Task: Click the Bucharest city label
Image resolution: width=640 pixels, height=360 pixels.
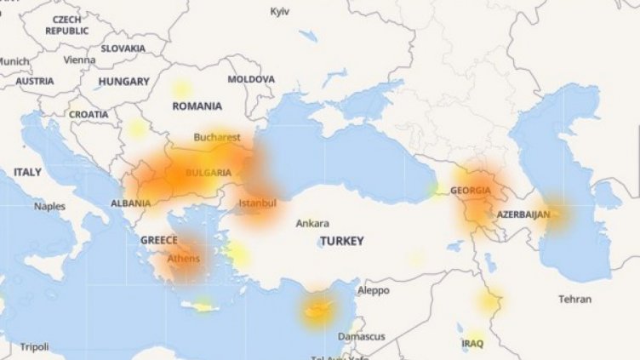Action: [217, 137]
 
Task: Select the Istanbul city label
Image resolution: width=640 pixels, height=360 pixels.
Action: [257, 203]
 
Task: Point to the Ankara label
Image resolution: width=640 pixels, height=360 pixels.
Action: [312, 223]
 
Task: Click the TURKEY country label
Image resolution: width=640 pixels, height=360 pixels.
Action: [342, 241]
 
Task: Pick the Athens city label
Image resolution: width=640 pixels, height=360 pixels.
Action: [184, 259]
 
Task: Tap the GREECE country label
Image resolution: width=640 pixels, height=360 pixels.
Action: [159, 240]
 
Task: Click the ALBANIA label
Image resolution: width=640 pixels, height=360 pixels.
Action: [131, 203]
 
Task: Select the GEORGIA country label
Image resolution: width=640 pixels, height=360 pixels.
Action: [471, 190]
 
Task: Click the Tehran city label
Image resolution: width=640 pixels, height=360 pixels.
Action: [574, 299]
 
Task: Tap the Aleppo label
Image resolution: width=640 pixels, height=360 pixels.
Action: [373, 290]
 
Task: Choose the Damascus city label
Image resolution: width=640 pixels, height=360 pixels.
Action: [362, 336]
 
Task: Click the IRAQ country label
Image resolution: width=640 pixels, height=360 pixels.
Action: [472, 344]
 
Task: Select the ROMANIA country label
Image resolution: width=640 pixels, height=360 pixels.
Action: [197, 106]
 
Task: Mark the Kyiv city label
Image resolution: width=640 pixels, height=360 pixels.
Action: [280, 11]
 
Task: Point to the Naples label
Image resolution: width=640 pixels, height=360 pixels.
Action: [49, 206]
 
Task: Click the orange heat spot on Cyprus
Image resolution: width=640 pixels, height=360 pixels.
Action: [317, 311]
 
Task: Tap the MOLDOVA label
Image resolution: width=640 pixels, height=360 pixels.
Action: [251, 79]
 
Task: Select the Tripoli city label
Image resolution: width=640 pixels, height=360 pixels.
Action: [34, 346]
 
